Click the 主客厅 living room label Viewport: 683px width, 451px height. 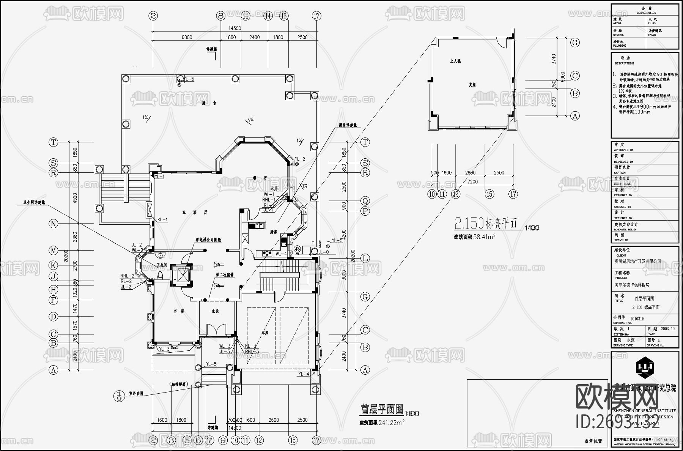click(195, 213)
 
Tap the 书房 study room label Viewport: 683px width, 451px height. click(179, 311)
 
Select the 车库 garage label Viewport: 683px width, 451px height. click(264, 333)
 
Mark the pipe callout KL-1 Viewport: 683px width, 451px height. click(162, 220)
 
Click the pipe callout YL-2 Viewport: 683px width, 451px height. click(300, 159)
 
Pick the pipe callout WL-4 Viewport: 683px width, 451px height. click(281, 254)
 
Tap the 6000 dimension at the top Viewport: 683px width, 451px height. click(187, 37)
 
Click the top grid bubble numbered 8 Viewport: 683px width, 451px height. click(221, 16)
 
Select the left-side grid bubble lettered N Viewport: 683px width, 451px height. click(54, 224)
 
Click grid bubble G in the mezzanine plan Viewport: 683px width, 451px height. click(575, 43)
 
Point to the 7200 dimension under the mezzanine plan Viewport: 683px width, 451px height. click(472, 182)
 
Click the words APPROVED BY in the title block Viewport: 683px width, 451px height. click(623, 150)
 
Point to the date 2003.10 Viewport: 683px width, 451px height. click(667, 329)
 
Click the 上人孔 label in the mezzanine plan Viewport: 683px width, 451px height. click(455, 61)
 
